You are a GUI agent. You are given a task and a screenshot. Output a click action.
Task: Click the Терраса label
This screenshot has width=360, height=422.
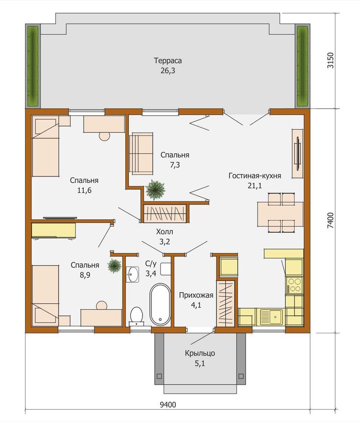[168, 61]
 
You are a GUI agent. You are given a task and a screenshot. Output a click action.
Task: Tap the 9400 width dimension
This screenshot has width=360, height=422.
[168, 404]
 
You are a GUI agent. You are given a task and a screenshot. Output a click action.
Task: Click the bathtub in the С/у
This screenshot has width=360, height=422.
[160, 304]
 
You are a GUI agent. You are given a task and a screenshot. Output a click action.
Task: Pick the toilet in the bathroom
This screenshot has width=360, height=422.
[137, 316]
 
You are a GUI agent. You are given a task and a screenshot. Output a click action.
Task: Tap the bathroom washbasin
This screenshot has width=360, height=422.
[132, 274]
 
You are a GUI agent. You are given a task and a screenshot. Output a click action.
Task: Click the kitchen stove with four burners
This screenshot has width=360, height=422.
[294, 285]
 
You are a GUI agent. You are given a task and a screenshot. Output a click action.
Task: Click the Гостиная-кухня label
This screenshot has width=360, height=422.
[255, 176]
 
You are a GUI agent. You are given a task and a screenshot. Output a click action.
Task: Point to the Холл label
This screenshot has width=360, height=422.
[165, 231]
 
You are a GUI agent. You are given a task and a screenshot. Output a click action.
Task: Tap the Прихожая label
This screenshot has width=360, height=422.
[196, 295]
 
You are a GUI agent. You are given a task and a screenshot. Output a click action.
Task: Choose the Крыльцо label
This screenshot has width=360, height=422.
[200, 353]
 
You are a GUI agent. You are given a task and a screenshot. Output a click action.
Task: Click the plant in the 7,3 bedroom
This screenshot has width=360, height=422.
[155, 190]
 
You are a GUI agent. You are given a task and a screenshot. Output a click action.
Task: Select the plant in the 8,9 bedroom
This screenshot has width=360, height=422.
[115, 266]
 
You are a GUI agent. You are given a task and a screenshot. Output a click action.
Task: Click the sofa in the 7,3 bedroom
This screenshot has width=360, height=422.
[141, 153]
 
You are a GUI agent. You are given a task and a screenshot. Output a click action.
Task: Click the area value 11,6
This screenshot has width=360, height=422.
[84, 190]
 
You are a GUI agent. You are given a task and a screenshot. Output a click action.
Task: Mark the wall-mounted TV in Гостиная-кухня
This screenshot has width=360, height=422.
[298, 154]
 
